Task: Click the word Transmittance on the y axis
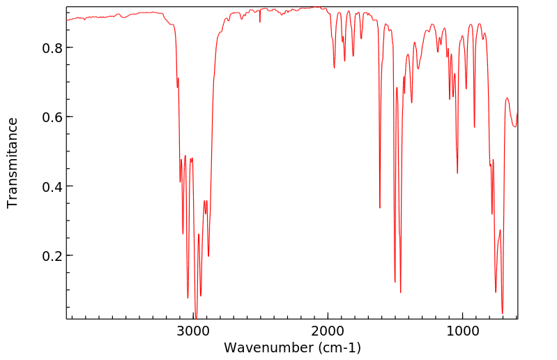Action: point(13,163)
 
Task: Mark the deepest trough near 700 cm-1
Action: point(502,313)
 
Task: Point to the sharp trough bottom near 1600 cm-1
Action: point(380,207)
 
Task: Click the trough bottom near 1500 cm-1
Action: point(395,282)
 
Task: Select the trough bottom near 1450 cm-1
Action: point(400,292)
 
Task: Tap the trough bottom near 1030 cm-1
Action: point(457,173)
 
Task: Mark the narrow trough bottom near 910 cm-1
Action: point(474,127)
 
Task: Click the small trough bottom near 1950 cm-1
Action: point(335,68)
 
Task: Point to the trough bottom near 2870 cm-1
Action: point(208,256)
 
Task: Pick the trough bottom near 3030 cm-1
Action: point(188,298)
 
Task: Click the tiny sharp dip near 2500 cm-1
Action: point(260,22)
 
